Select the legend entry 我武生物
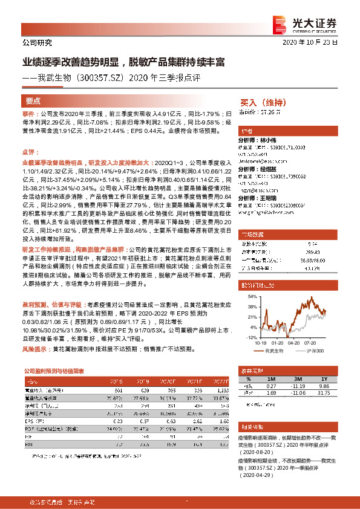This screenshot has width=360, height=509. tap(289, 351)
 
